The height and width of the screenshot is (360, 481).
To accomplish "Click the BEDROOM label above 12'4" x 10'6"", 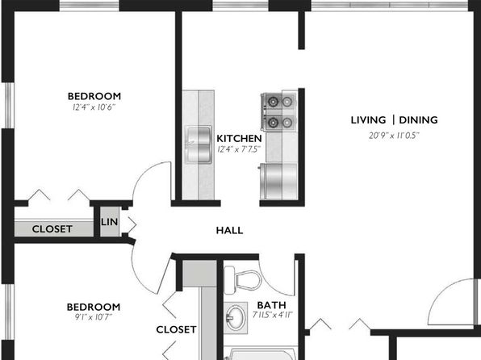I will [94, 95].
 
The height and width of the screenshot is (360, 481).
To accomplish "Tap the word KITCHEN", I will [239, 138].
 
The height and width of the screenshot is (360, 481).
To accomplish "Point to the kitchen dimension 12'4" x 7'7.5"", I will [239, 149].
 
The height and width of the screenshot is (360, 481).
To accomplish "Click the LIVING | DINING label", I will [394, 120].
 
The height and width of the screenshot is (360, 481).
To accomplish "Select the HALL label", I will [229, 230].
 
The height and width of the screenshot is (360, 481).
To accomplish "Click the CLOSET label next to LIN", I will [52, 229].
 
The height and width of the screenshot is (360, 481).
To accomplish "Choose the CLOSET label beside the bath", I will [176, 329].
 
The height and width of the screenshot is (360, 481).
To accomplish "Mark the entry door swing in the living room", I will [448, 300].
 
